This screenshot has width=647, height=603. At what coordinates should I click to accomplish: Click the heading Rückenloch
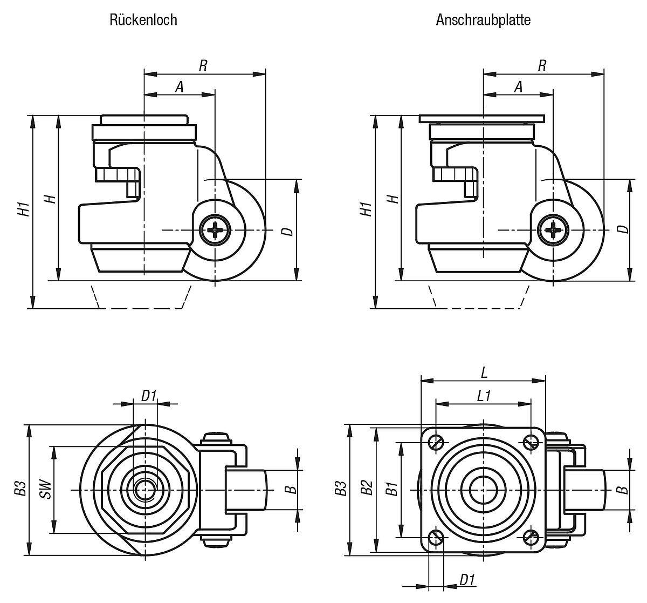tap(143, 20)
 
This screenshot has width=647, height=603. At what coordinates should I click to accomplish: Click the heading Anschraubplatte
tap(483, 20)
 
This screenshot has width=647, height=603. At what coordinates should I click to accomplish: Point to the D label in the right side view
tap(623, 229)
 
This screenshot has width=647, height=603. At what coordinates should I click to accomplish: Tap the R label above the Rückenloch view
tap(203, 65)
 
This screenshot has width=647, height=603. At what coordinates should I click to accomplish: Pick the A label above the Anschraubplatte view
tap(518, 86)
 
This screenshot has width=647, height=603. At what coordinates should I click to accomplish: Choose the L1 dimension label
tap(484, 396)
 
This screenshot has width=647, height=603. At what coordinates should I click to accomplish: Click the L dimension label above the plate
tap(484, 372)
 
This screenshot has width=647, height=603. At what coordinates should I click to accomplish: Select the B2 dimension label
tap(367, 489)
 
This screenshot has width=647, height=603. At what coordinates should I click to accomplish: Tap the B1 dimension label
tap(393, 489)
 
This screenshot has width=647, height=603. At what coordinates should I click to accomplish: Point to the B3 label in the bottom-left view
tap(20, 489)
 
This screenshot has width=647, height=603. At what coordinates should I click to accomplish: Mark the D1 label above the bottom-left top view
tap(149, 396)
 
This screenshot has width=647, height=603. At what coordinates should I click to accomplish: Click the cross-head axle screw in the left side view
tap(215, 231)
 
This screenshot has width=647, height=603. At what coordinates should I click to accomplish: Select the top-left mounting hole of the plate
tap(436, 443)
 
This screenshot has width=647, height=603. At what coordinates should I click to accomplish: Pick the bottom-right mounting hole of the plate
tap(531, 537)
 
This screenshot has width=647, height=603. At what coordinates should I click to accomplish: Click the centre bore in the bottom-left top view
tap(144, 490)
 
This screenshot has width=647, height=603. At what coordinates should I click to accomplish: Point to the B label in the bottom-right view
tap(622, 489)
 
